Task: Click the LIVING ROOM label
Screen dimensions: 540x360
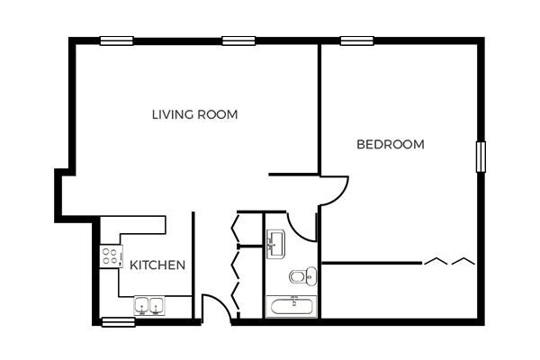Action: click(x=195, y=114)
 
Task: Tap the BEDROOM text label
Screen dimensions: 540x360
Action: click(x=391, y=144)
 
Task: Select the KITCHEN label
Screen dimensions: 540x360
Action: click(x=157, y=265)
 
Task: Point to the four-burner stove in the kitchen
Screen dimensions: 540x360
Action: click(x=112, y=256)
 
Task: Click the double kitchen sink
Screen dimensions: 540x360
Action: click(x=149, y=306)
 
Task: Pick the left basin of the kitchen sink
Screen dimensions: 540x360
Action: click(x=141, y=306)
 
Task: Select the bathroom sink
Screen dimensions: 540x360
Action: click(x=275, y=244)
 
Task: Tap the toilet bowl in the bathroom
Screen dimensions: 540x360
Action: click(x=297, y=276)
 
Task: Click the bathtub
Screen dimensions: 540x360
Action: click(x=292, y=306)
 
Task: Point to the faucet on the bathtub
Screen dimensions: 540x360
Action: click(x=294, y=300)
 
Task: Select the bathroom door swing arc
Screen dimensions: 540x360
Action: click(x=297, y=230)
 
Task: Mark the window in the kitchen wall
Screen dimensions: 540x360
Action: click(x=118, y=322)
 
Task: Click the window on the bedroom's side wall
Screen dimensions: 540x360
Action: click(x=481, y=157)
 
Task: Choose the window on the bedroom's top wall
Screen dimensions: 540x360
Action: click(x=357, y=40)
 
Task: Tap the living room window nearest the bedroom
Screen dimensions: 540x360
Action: click(x=238, y=40)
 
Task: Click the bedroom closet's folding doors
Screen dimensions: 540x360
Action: click(x=449, y=261)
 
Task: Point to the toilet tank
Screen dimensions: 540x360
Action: click(x=311, y=276)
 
